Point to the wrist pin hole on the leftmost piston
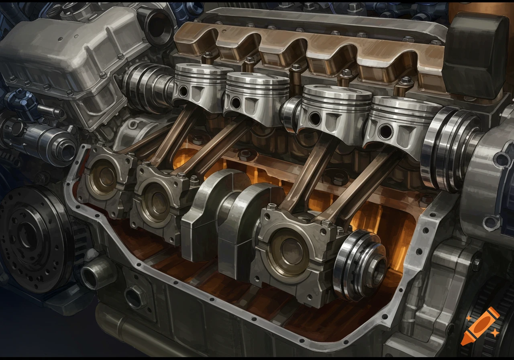tap(183, 91)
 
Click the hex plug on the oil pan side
tap(135, 297)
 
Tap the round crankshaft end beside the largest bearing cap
tap(359, 265)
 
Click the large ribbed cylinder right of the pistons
tap(448, 149)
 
